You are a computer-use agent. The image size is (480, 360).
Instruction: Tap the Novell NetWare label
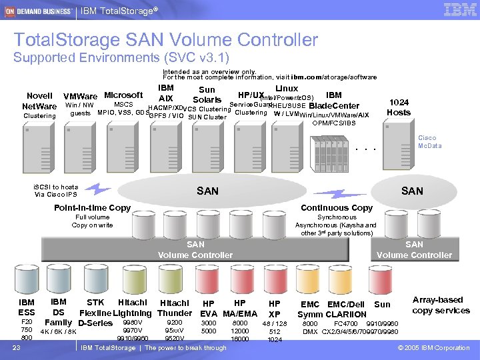(39, 101)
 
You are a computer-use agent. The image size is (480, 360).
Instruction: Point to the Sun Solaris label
(207, 95)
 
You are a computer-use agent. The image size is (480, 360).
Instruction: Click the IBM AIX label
(166, 93)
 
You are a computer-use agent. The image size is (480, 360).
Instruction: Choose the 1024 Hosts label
(399, 107)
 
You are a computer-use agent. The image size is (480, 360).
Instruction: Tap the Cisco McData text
(429, 142)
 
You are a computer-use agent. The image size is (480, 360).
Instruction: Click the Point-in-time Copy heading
(92, 208)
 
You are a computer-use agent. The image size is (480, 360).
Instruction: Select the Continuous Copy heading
(337, 208)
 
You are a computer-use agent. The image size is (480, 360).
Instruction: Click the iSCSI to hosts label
(56, 191)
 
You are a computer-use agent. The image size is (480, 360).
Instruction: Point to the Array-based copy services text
(441, 305)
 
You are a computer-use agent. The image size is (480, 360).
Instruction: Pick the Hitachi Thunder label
(175, 308)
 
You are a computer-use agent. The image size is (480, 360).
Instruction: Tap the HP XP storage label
(274, 308)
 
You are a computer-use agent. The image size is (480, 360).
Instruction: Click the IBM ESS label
(27, 308)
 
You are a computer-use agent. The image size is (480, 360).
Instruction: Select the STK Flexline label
(95, 308)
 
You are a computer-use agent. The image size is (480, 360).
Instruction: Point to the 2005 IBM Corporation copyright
(433, 348)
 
